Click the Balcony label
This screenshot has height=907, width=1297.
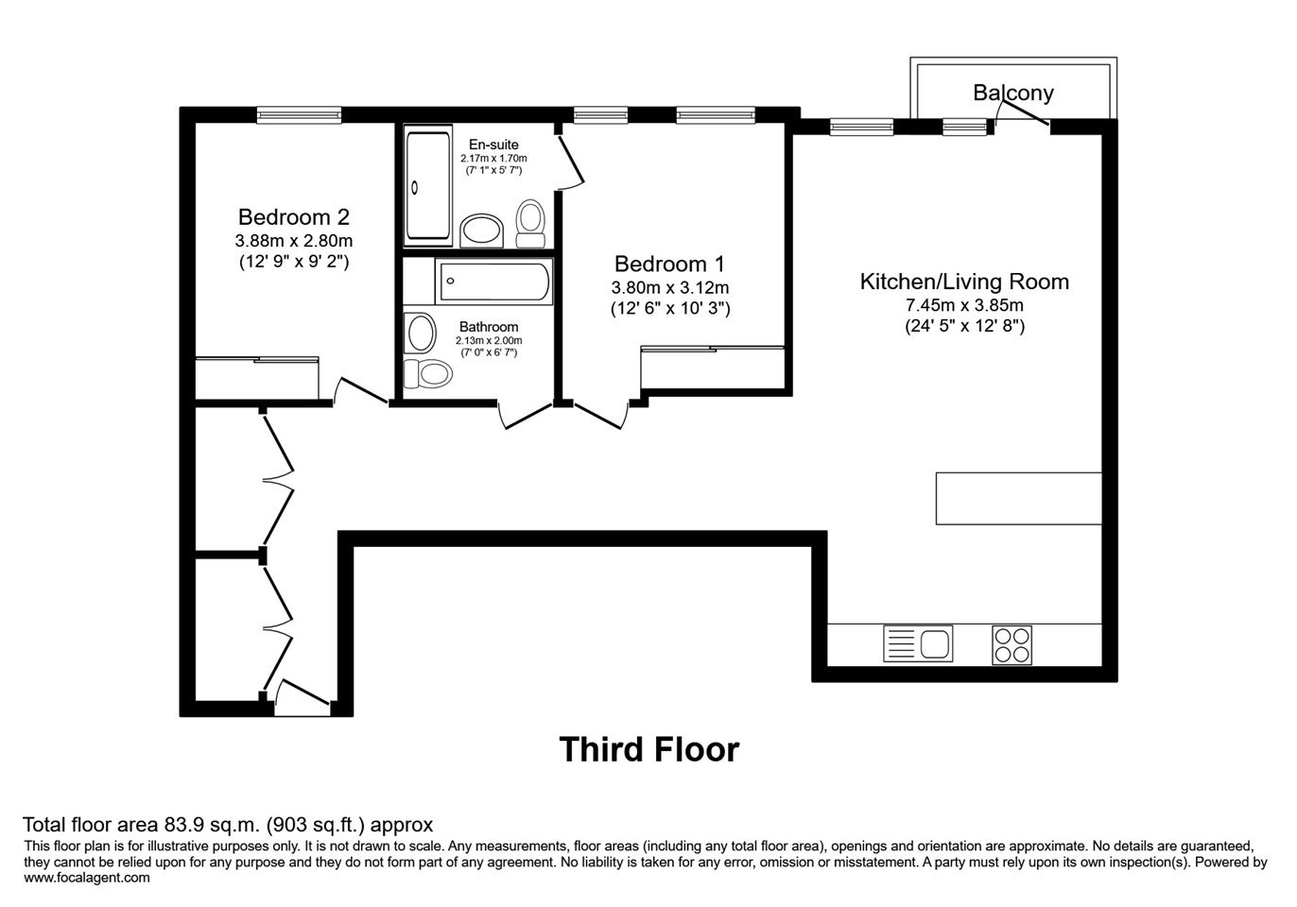coord(1013,93)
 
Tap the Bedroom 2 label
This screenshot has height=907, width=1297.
coord(294,217)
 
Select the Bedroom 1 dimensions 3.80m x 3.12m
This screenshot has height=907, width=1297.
coord(670,287)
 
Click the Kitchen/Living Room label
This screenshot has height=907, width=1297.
coord(964,282)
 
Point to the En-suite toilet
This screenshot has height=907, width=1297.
coord(530,224)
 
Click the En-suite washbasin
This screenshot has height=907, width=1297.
coord(482,231)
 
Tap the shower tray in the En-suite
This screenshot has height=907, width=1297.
coord(428,186)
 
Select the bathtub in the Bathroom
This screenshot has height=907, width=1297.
coord(493,282)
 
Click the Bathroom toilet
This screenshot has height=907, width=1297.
coord(428,373)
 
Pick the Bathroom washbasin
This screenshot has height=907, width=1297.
coord(420,334)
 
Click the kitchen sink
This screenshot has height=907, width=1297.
coord(918,643)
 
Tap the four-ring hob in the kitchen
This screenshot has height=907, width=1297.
coord(1012,644)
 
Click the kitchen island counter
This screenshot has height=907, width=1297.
coord(1018,498)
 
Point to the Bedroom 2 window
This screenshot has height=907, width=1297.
coord(300,115)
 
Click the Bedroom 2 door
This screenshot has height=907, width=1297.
coord(360,391)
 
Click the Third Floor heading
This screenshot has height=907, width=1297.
coord(649,749)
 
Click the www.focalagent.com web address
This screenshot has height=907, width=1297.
coord(87,878)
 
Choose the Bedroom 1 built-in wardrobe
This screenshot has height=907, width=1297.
coord(712,368)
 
